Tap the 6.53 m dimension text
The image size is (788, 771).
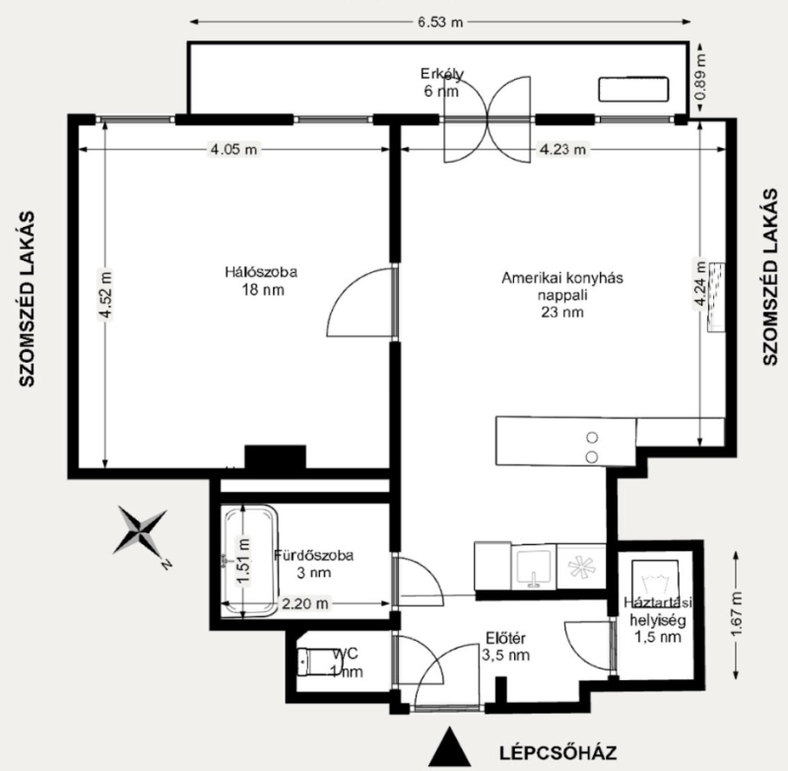click(440, 22)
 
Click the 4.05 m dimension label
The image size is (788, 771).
click(233, 150)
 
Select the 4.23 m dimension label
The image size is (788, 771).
click(562, 150)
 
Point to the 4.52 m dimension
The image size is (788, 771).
click(105, 295)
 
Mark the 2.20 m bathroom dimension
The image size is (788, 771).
click(304, 603)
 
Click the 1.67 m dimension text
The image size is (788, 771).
click(736, 613)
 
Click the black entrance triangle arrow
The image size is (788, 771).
click(450, 747)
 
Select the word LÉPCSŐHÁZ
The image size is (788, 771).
click(558, 753)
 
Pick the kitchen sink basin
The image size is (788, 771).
click(534, 567)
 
